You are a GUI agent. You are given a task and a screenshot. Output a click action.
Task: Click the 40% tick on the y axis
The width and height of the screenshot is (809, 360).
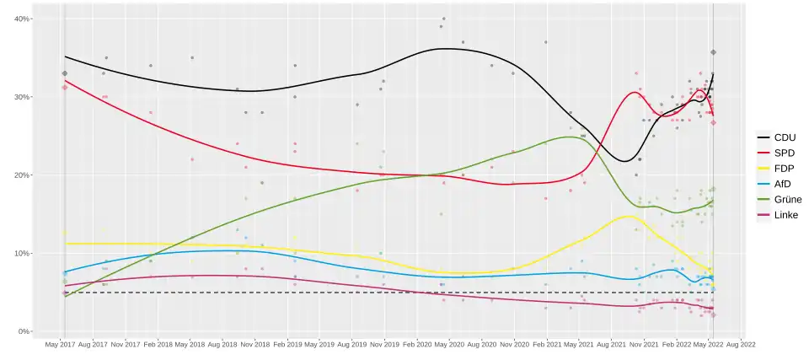(x=21, y=19)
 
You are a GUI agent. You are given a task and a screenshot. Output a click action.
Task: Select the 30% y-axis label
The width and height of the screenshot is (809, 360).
(x=21, y=98)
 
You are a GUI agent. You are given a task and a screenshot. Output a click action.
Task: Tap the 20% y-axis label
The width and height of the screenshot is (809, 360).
(x=21, y=175)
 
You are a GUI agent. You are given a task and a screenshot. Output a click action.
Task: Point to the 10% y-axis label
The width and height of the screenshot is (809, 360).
(x=21, y=254)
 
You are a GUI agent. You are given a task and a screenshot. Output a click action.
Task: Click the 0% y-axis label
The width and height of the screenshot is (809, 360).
(x=24, y=332)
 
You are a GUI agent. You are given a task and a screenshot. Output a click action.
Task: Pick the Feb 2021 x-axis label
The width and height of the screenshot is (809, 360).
(x=548, y=345)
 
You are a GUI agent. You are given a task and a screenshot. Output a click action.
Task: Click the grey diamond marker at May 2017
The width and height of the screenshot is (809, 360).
(x=64, y=73)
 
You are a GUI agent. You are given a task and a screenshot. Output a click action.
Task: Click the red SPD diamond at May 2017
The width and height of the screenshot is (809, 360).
(x=64, y=88)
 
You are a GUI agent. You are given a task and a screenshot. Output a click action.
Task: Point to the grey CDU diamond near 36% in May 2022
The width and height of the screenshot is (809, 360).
(x=713, y=52)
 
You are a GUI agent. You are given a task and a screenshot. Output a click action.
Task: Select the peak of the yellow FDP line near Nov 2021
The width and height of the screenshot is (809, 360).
(x=628, y=216)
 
